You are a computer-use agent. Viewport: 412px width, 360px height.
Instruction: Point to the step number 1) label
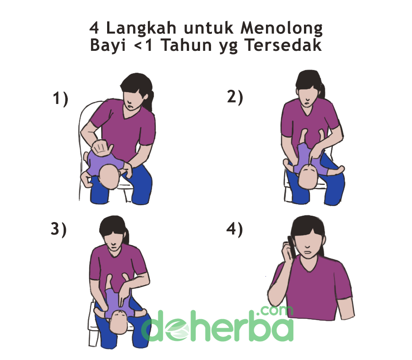tap(60, 99)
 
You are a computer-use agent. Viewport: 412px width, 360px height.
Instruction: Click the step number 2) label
tap(235, 97)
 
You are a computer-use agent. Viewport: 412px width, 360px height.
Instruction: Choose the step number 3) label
tap(59, 229)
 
